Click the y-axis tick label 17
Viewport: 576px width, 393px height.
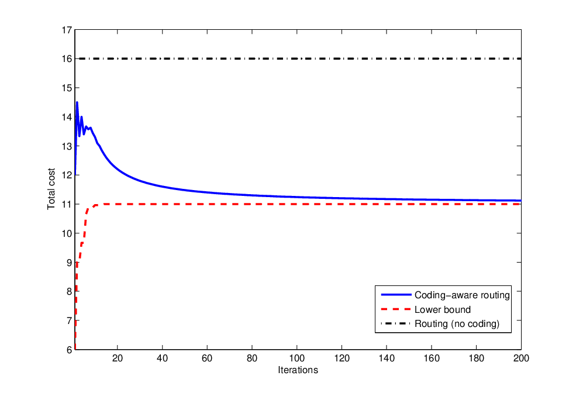[x=67, y=30]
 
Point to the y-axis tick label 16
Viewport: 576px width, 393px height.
[x=67, y=58]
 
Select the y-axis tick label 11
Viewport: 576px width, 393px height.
[x=67, y=204]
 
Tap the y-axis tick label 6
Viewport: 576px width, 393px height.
[x=69, y=350]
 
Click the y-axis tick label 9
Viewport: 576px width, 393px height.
[x=69, y=263]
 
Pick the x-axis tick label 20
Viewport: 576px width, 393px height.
[x=117, y=358]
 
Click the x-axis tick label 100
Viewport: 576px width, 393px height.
[x=297, y=358]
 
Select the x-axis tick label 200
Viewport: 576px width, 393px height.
[x=521, y=358]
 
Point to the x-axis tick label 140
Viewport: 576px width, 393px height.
[x=387, y=358]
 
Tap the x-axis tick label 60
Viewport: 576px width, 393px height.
[x=207, y=358]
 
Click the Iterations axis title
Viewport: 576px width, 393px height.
[x=298, y=370]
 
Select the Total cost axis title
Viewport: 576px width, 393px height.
[x=51, y=189]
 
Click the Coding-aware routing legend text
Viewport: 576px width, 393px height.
[x=462, y=295]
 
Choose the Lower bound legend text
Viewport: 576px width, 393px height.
[x=443, y=309]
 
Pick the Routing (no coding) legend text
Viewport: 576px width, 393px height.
[x=457, y=323]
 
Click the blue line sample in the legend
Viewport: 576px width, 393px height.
[x=396, y=295]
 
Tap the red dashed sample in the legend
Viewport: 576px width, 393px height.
[x=396, y=309]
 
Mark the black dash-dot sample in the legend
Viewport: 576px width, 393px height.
[x=396, y=323]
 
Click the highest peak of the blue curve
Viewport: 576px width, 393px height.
[x=77, y=102]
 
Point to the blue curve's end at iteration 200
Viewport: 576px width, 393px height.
[x=521, y=201]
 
